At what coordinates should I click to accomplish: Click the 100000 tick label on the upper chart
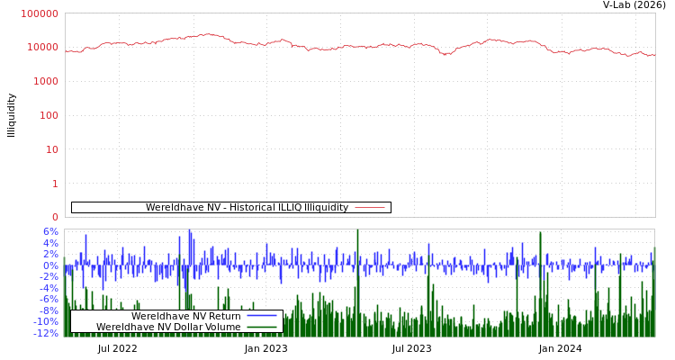[40, 14]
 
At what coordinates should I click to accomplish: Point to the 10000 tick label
[42, 48]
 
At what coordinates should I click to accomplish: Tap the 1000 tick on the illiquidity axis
[45, 82]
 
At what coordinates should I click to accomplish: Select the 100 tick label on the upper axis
[48, 116]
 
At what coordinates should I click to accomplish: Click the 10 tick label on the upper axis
[51, 150]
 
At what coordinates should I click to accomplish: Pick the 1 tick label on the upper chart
[55, 184]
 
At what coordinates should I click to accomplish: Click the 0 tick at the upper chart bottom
[55, 217]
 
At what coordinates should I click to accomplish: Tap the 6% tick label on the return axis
[49, 232]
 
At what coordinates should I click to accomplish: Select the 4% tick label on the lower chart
[49, 243]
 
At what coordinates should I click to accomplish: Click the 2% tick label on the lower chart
[49, 255]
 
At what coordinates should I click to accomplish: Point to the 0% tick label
[49, 265]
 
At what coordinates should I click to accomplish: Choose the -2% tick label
[48, 277]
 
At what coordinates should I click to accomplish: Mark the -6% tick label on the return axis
[48, 300]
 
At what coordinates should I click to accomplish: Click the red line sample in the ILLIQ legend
[369, 208]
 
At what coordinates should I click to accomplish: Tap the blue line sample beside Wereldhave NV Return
[261, 316]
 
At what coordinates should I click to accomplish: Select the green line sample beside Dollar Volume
[261, 327]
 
